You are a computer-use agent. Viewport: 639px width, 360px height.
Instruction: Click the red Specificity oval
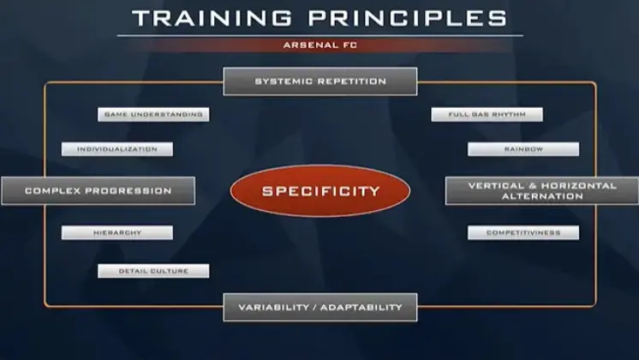pyautogui.click(x=319, y=191)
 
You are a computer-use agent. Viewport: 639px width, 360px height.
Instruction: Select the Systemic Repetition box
pyautogui.click(x=319, y=81)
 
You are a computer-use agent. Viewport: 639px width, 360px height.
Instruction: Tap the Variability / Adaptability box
pyautogui.click(x=319, y=308)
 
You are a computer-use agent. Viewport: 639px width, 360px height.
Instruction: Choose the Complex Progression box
pyautogui.click(x=99, y=191)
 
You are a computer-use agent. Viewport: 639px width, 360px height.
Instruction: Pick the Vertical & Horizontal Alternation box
pyautogui.click(x=542, y=191)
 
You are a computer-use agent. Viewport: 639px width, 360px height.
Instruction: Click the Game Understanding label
pyautogui.click(x=153, y=115)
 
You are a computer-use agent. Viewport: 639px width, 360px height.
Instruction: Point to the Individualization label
pyautogui.click(x=117, y=149)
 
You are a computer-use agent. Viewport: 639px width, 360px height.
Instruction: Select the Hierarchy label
pyautogui.click(x=117, y=233)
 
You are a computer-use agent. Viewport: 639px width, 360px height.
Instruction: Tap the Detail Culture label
pyautogui.click(x=153, y=271)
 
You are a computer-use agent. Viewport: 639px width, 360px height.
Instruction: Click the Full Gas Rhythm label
pyautogui.click(x=487, y=115)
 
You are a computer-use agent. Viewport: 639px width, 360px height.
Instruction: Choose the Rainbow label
pyautogui.click(x=523, y=149)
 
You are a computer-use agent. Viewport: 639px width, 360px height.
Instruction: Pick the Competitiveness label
pyautogui.click(x=523, y=233)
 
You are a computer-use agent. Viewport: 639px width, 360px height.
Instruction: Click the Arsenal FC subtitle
pyautogui.click(x=319, y=45)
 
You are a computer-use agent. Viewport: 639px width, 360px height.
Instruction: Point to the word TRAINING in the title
pyautogui.click(x=212, y=18)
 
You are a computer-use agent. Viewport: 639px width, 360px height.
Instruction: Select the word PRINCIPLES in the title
pyautogui.click(x=408, y=18)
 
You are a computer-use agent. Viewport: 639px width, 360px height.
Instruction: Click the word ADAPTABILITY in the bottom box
pyautogui.click(x=361, y=308)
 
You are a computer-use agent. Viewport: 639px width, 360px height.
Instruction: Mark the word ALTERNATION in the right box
pyautogui.click(x=542, y=196)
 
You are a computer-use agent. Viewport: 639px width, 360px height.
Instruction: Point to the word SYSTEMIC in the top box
pyautogui.click(x=284, y=81)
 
